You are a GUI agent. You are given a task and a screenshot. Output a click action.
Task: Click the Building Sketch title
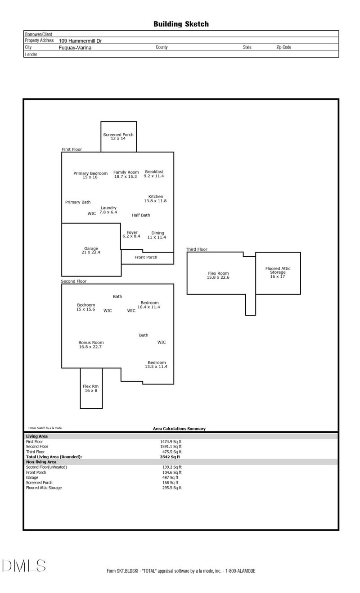pyautogui.click(x=181, y=24)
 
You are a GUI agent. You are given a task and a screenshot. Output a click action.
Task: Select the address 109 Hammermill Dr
pyautogui.click(x=80, y=41)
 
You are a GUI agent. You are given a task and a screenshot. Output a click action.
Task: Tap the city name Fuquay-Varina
pyautogui.click(x=75, y=47)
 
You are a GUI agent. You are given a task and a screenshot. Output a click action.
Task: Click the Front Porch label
pyautogui.click(x=146, y=258)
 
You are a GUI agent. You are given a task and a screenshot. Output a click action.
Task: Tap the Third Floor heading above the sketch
pyautogui.click(x=197, y=249)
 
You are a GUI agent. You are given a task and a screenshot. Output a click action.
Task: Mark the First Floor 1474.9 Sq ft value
pyautogui.click(x=171, y=442)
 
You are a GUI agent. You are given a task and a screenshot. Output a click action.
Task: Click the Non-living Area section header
pyautogui.click(x=41, y=462)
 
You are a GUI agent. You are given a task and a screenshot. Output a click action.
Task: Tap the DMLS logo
pyautogui.click(x=23, y=566)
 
